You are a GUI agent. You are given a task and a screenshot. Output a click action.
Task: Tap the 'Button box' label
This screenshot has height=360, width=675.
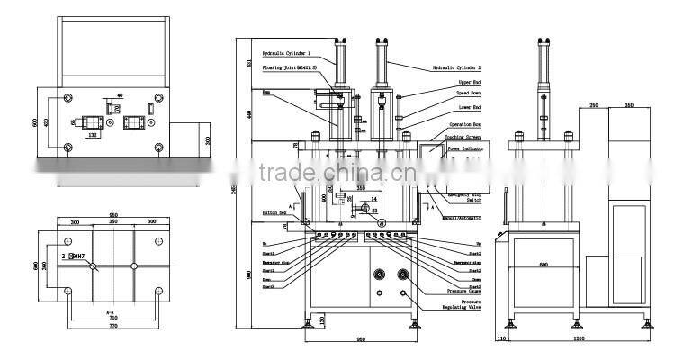274,212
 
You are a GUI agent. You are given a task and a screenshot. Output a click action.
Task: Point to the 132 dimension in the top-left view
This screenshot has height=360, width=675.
91,135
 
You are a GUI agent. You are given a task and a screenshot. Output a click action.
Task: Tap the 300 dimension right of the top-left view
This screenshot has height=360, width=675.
207,140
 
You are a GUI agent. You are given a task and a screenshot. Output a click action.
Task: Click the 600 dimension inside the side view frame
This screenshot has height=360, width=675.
544,265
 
